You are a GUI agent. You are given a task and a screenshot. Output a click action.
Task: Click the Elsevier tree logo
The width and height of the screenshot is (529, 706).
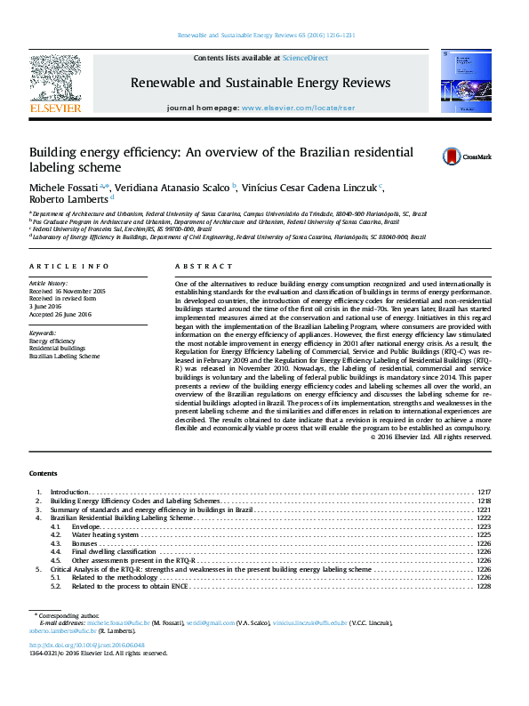click(57, 82)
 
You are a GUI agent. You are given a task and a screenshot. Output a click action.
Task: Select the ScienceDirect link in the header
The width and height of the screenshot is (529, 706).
click(305, 58)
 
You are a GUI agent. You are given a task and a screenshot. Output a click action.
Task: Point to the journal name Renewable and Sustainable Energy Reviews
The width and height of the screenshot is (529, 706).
click(260, 83)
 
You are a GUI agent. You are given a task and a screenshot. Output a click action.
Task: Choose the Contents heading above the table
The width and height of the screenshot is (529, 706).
click(43, 473)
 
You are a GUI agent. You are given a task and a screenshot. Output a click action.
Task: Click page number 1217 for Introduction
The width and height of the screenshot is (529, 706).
click(484, 492)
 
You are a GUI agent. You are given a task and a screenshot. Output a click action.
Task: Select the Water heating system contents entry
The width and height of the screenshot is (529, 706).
click(105, 535)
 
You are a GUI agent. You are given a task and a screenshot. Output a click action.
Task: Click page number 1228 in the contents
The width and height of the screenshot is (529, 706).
click(484, 587)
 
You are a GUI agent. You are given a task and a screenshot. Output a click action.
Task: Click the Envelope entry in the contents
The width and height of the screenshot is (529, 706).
click(86, 526)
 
